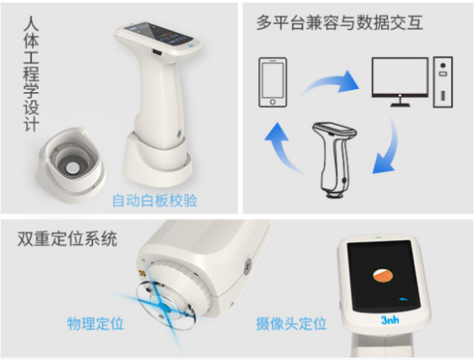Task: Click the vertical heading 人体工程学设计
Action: (x=31, y=74)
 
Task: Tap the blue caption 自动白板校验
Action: (x=154, y=200)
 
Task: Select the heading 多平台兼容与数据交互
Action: (x=340, y=23)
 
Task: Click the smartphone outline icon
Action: (x=273, y=82)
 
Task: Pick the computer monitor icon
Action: (x=400, y=82)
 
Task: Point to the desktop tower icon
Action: (x=443, y=82)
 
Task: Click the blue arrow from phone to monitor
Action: (x=330, y=83)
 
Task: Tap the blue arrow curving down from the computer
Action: (x=386, y=146)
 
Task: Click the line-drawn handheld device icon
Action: (x=334, y=160)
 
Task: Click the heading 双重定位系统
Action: (x=67, y=239)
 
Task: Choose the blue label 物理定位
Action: (x=96, y=324)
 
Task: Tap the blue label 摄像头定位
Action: (x=291, y=324)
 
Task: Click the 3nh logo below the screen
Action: (x=390, y=320)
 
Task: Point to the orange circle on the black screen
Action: (x=383, y=275)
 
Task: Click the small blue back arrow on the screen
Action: (x=403, y=300)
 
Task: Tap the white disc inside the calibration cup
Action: (x=73, y=168)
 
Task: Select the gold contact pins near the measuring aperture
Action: (x=142, y=274)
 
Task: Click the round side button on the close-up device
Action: (x=247, y=265)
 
